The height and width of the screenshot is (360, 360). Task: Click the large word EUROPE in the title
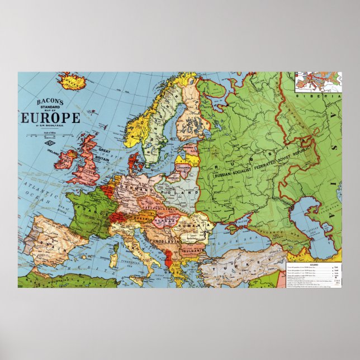point(50,118)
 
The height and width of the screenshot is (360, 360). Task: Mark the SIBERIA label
point(326,97)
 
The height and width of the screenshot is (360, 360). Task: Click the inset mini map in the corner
point(318,82)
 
